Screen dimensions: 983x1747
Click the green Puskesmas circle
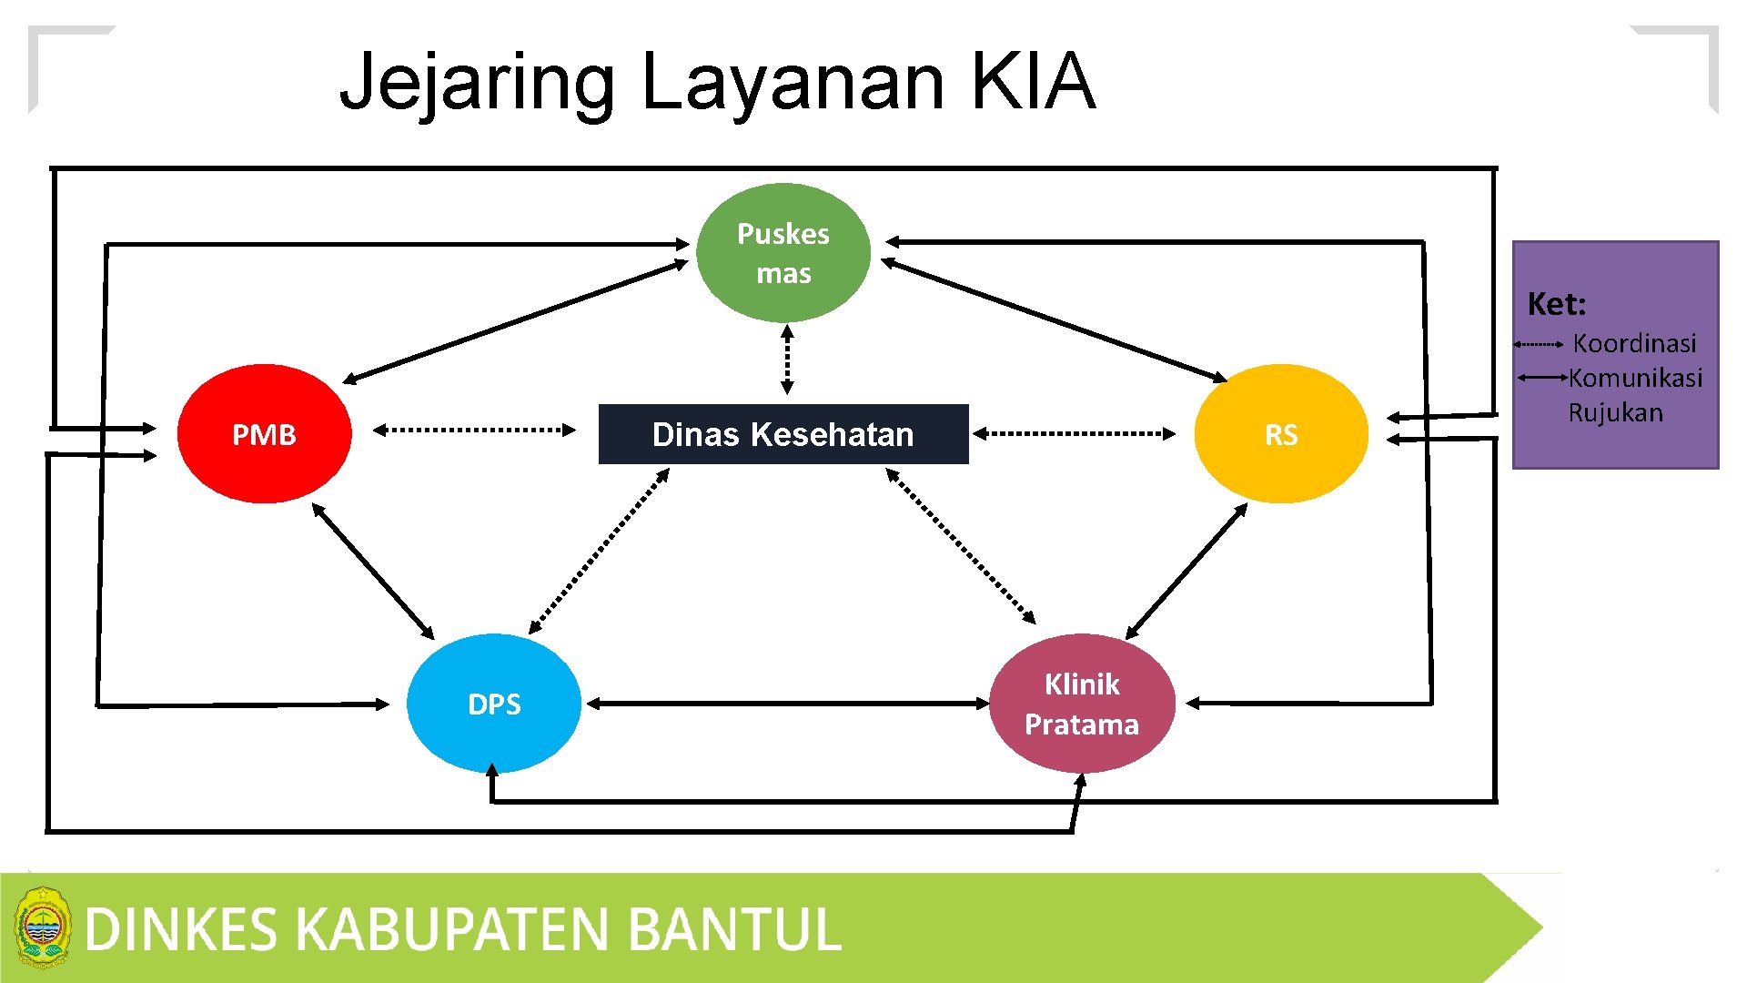click(783, 253)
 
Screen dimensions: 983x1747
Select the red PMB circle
click(264, 434)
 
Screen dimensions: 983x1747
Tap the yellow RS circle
click(1281, 434)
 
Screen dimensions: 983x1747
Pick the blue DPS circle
click(494, 704)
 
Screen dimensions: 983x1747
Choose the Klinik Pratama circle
click(1082, 704)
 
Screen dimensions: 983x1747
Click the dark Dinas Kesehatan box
click(783, 434)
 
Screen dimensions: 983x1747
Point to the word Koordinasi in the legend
click(1634, 343)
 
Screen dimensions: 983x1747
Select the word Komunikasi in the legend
click(1635, 378)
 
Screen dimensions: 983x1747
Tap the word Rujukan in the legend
click(1615, 412)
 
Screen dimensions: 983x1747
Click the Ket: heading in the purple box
click(1556, 304)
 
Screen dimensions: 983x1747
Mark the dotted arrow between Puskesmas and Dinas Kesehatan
click(788, 360)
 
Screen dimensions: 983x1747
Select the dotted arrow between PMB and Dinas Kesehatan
click(474, 430)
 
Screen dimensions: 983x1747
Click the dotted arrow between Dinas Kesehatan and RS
click(1074, 434)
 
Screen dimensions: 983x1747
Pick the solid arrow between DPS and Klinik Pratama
click(788, 704)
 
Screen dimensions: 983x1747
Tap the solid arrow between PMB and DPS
click(373, 571)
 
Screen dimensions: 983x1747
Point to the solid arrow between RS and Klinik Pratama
click(1187, 572)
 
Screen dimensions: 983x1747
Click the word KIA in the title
click(1033, 82)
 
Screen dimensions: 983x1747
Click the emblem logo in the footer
click(42, 927)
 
